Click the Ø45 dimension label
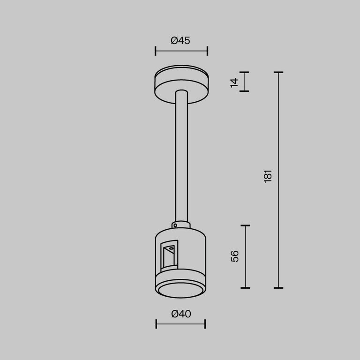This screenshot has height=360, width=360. tap(180, 40)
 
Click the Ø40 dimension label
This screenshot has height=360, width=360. tap(181, 314)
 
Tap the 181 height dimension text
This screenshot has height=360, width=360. tap(268, 176)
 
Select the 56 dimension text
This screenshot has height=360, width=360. tap(235, 256)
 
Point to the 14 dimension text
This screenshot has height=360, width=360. tap(234, 82)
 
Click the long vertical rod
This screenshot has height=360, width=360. tap(181, 155)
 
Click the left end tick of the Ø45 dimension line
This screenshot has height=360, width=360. tap(156, 51)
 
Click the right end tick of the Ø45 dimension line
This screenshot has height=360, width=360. tap(207, 51)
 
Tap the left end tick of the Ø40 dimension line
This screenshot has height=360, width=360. tap(156, 323)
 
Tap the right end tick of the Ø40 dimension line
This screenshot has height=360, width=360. tap(205, 323)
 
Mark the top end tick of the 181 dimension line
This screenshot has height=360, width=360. tap(278, 73)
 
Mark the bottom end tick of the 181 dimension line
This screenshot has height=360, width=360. tap(278, 287)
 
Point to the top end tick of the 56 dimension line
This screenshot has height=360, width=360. tap(245, 225)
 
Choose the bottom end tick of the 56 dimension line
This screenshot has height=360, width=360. tap(245, 287)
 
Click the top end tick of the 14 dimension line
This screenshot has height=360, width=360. tap(244, 73)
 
